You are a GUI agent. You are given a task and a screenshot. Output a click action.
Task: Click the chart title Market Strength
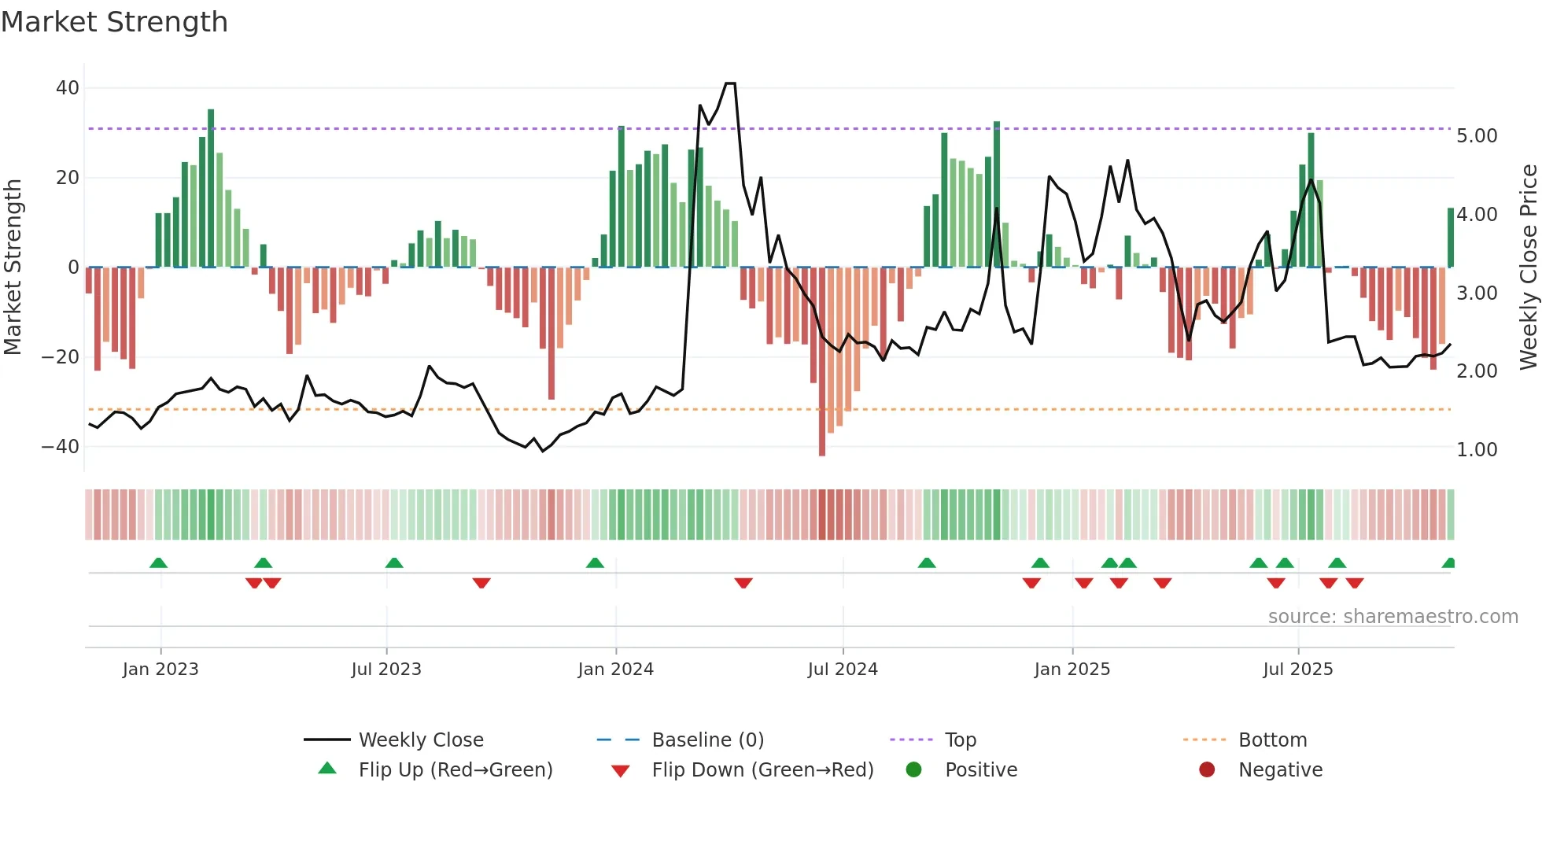[x=114, y=22]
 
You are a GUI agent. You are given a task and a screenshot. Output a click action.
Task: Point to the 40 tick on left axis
[x=68, y=88]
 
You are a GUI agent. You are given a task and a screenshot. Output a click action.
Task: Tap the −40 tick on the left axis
[x=61, y=447]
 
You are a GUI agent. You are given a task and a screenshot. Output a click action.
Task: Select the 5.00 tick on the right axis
[x=1477, y=136]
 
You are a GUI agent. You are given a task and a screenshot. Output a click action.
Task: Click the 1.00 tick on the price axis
[x=1477, y=450]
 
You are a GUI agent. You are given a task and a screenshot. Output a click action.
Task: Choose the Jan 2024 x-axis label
[x=615, y=670]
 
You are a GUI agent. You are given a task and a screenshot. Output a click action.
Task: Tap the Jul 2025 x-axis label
[x=1297, y=670]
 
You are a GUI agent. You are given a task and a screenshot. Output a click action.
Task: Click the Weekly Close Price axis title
[x=1528, y=267]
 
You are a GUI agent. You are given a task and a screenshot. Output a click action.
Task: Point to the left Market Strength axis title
[x=13, y=267]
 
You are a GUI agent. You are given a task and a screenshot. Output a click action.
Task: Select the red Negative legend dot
[x=1207, y=770]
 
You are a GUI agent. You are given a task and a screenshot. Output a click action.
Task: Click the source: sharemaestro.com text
[x=1393, y=617]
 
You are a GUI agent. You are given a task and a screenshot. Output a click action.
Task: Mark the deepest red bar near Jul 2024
[x=822, y=362]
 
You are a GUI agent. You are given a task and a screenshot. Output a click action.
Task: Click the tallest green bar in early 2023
[x=211, y=189]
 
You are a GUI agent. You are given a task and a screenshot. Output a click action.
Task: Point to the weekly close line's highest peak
[x=730, y=83]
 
